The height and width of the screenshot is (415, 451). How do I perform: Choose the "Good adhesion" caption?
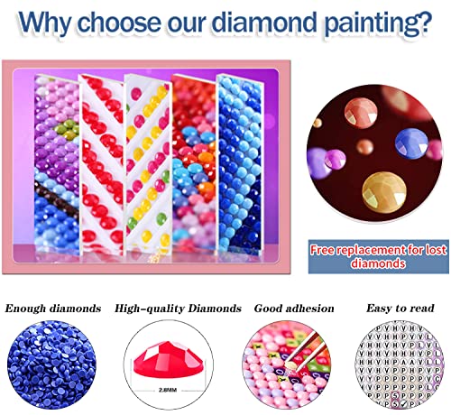pyautogui.click(x=281, y=309)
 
